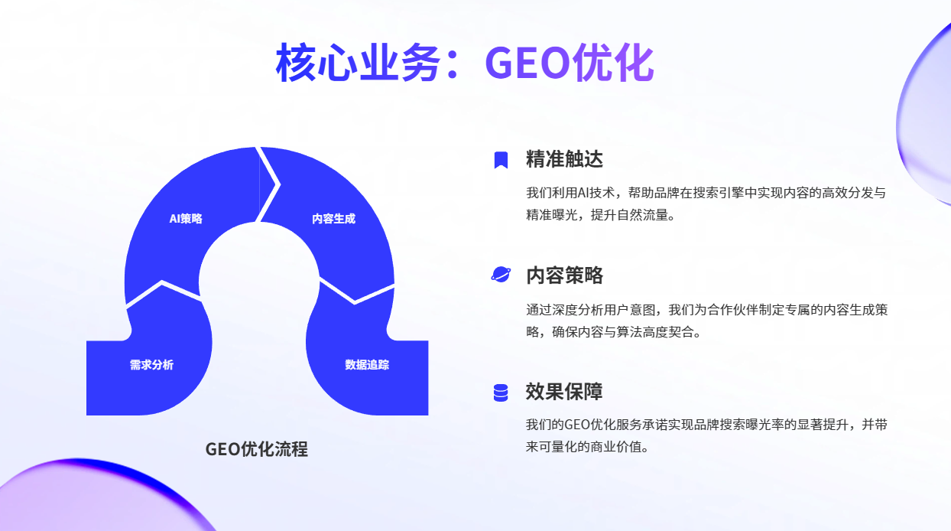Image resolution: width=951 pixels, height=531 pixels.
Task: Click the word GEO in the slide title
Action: pos(527,63)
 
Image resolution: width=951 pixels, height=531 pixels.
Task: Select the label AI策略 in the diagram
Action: pos(186,219)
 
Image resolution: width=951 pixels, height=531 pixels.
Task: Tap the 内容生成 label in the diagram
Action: pos(334,219)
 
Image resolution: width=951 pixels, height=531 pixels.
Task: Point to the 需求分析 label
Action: pos(151,365)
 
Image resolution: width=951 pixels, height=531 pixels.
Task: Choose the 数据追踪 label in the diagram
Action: pos(367,365)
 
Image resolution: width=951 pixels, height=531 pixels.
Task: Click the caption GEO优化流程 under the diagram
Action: pos(256,449)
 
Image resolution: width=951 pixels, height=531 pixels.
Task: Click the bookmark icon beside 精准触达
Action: pos(501,160)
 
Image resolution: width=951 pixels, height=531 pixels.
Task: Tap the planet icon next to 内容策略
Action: pos(501,275)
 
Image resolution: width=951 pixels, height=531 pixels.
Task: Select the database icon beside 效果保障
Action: pos(501,393)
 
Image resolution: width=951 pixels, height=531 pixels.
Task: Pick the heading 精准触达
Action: pos(564,159)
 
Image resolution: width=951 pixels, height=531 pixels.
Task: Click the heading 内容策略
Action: pos(564,275)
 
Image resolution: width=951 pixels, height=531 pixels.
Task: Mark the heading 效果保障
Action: pos(564,392)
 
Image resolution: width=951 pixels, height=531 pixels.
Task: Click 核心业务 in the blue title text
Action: pos(358,63)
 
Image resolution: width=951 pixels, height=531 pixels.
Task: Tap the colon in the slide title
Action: pos(453,64)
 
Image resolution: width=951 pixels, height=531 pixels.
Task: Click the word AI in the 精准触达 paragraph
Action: pos(584,193)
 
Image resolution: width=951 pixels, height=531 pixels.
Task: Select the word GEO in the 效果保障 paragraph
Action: pos(577,425)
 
